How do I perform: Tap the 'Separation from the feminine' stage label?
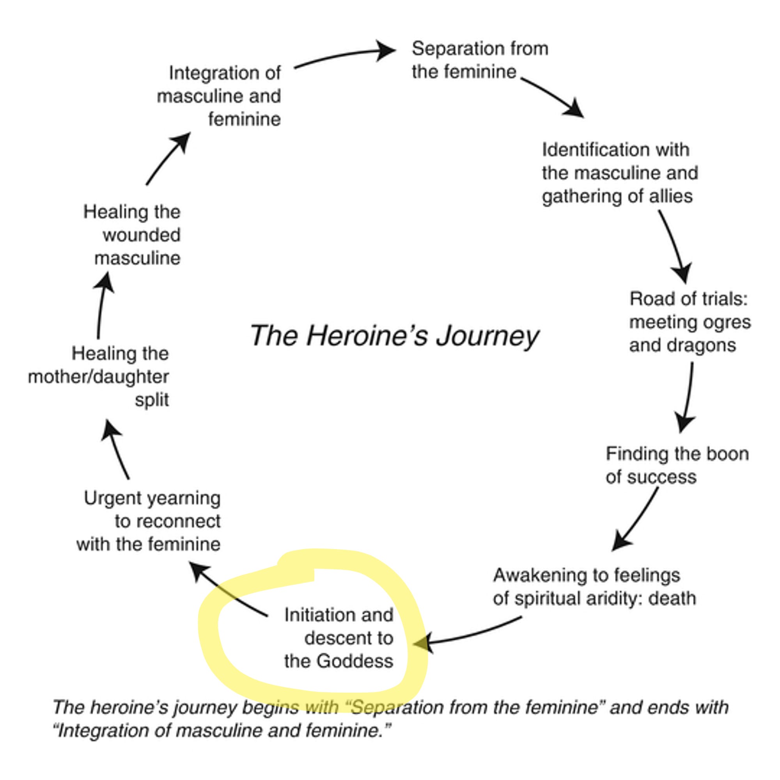point(480,60)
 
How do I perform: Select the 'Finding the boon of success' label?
point(677,466)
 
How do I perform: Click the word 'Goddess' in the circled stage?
point(355,661)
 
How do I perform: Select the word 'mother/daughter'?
point(99,377)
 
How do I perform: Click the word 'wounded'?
point(141,235)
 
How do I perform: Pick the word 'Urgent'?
point(106,498)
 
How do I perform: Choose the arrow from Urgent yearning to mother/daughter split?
point(115,448)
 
